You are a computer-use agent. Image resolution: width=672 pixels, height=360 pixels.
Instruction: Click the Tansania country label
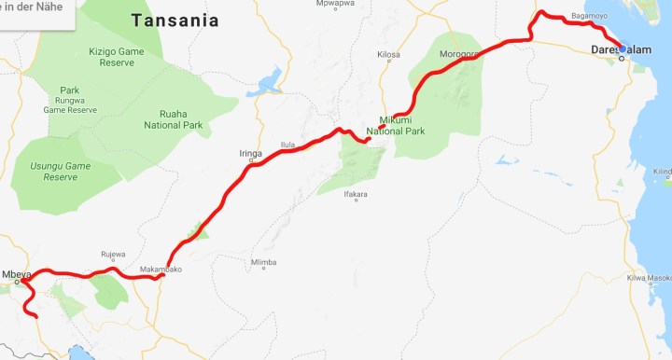coord(175,21)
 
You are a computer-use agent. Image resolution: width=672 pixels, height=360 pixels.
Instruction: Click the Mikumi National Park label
coord(402,125)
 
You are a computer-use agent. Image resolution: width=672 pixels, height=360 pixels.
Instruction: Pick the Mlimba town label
coord(263,262)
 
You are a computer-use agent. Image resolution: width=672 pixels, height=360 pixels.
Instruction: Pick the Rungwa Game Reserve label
coord(69,103)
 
